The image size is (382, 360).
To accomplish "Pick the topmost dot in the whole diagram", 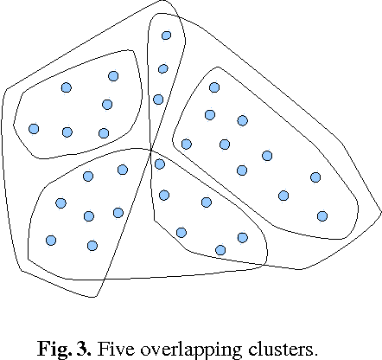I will pos(166,35).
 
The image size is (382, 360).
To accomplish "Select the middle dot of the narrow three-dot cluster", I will pos(162,69).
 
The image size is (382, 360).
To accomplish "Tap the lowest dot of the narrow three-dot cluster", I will pos(158,100).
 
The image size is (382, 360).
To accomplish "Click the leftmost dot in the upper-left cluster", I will pos(34,129).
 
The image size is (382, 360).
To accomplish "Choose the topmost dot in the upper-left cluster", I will pos(113,76).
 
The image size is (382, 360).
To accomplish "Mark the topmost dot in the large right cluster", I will pos(214,87).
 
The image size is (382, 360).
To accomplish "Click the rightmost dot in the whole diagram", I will pos(322,215).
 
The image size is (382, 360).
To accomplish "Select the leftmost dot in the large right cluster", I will pos(186,144).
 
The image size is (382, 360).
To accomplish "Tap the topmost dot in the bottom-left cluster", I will pos(123,170).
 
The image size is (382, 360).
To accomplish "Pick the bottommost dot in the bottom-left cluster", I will pos(92,246).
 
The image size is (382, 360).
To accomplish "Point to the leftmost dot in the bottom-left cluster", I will pos(50,240).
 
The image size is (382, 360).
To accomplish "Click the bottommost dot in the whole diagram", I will pos(220,250).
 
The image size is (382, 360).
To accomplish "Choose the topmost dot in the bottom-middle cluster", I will pos(159,164).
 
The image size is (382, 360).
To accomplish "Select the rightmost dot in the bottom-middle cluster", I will pos(242,237).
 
